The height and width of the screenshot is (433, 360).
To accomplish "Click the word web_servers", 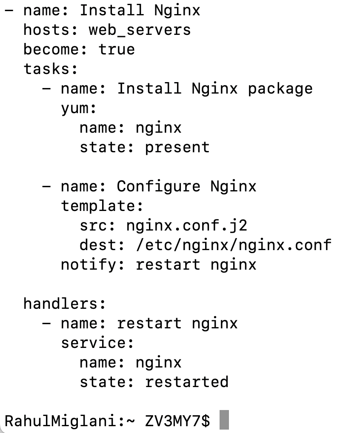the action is (x=140, y=30).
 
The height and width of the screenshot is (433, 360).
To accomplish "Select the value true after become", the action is (x=117, y=49).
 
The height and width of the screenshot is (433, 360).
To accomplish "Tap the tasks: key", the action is (x=51, y=69).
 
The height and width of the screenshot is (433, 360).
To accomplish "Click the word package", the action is (x=280, y=89).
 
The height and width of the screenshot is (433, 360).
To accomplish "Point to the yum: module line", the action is (x=79, y=108).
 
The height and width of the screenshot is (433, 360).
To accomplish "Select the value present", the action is (x=177, y=148).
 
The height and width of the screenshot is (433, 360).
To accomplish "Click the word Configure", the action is (x=159, y=187).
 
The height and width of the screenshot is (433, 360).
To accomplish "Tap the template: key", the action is (x=102, y=206).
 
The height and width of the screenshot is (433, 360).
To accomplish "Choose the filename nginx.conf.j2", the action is (x=187, y=225).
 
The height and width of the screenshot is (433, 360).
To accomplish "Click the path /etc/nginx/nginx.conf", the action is (x=234, y=245).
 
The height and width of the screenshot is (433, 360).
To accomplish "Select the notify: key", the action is (x=93, y=265).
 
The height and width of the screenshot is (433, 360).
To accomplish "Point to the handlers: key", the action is (x=65, y=304).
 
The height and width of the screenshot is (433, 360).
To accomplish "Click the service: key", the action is (x=97, y=343).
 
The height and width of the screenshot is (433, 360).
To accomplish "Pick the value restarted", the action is (x=187, y=382).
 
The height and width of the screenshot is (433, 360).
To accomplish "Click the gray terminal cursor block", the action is (x=224, y=420).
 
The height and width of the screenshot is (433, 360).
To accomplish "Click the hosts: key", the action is (x=51, y=30).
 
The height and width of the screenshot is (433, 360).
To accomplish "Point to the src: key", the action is (x=97, y=225).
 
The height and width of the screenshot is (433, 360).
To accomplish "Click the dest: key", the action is (x=102, y=245).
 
